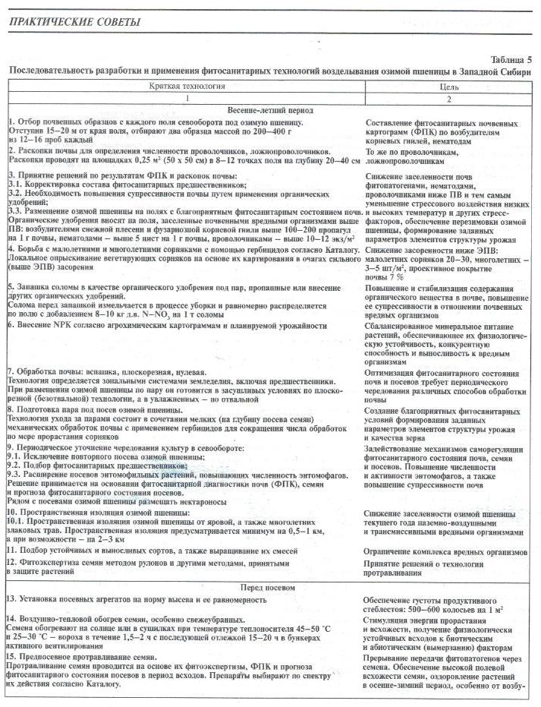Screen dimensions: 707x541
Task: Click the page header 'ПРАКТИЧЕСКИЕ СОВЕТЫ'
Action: (x=74, y=21)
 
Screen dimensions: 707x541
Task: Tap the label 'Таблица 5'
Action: (x=509, y=59)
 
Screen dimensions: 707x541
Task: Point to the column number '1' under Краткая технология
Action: (x=186, y=98)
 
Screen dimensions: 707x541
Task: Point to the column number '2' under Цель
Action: (x=449, y=98)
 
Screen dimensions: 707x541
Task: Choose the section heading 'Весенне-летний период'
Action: (x=275, y=110)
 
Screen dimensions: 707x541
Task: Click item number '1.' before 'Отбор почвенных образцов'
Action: (x=11, y=122)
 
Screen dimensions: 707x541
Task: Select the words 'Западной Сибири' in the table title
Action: (x=492, y=71)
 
